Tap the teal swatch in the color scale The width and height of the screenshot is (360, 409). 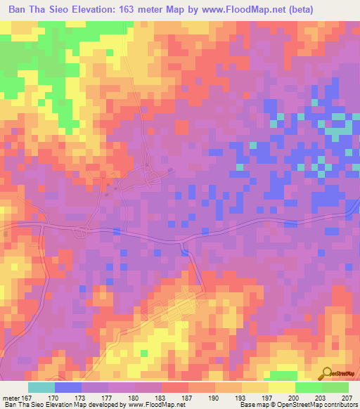pos(41,387)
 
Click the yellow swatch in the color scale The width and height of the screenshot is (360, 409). pos(282,387)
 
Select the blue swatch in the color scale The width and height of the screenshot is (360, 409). pos(68,387)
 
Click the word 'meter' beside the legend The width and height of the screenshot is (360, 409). pos(12,397)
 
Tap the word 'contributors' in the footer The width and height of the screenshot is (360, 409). pos(338,405)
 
